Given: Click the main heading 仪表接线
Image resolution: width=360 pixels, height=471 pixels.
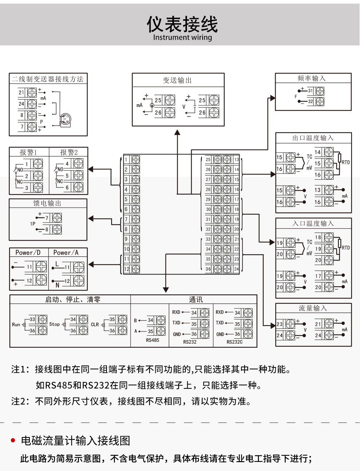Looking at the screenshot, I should tap(182, 24).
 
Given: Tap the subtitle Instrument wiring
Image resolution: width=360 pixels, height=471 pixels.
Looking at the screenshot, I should tap(182, 37).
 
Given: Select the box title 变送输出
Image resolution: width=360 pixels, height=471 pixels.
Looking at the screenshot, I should tap(177, 80).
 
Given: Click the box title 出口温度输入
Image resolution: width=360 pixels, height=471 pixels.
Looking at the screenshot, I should tap(313, 138).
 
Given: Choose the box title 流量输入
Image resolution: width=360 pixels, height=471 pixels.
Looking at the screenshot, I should tap(313, 308).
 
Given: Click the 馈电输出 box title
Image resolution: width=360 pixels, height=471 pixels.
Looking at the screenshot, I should tap(47, 203).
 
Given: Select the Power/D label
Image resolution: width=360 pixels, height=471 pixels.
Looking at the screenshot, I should tap(28, 252).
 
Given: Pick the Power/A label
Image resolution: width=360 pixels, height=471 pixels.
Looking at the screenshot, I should tap(66, 252).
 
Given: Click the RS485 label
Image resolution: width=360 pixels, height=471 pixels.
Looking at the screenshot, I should tap(152, 340).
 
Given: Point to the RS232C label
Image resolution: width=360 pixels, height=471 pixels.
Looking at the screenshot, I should tap(235, 342).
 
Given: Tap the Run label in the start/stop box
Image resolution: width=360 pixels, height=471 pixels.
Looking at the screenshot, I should tap(16, 324).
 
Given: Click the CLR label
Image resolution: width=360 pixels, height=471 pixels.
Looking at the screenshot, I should tap(95, 324).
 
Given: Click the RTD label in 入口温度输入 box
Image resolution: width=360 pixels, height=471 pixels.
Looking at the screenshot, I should tap(346, 248).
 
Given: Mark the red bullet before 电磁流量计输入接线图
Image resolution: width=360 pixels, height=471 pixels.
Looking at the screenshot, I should tap(13, 440).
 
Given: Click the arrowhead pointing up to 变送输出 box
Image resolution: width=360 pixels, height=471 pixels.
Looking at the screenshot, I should tap(177, 132).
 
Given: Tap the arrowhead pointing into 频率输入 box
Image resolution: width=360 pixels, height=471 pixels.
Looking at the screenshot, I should tap(272, 98).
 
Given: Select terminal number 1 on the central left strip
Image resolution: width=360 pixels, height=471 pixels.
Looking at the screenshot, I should tap(126, 159).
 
